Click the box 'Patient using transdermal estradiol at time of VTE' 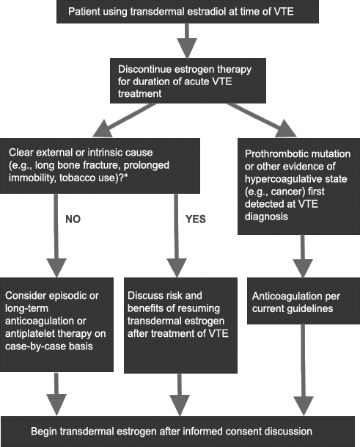(x=188, y=12)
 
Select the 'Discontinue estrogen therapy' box (x=188, y=81)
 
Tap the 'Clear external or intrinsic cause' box (x=100, y=166)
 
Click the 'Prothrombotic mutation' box (x=298, y=186)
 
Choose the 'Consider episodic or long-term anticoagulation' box (x=56, y=324)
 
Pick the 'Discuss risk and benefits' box (x=180, y=325)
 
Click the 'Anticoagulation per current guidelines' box (x=304, y=301)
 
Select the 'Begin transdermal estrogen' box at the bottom (x=177, y=432)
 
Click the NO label (x=73, y=219)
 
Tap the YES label (x=196, y=219)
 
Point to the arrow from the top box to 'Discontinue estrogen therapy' (x=187, y=41)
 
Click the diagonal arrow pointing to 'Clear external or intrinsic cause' (x=125, y=120)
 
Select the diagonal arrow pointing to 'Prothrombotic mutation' (x=262, y=120)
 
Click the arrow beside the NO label (x=56, y=236)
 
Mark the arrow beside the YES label (x=177, y=236)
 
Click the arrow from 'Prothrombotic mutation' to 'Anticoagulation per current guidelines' (x=303, y=256)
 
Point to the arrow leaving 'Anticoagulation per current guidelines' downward (x=304, y=370)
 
